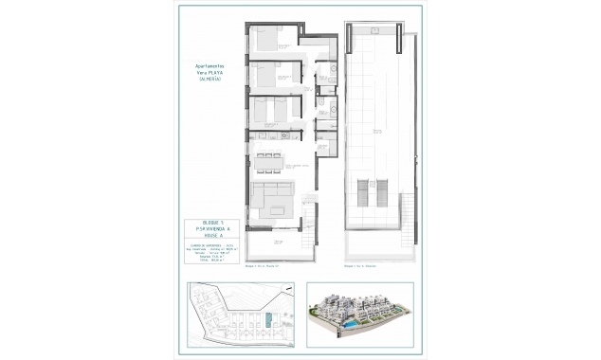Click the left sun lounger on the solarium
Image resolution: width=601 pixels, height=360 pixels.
361,192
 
